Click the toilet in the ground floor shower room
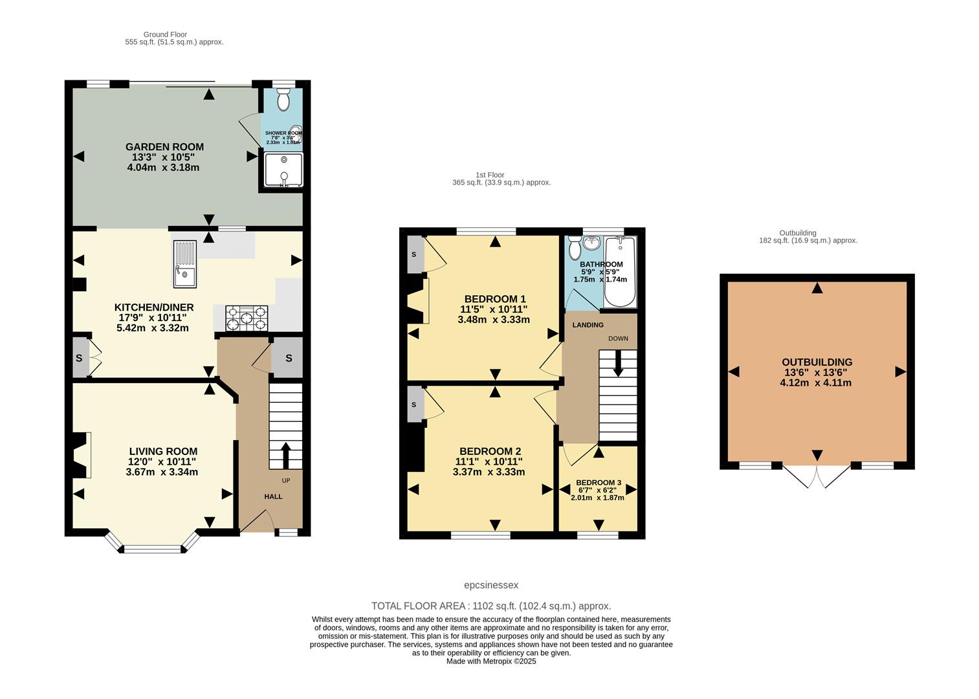[283, 100]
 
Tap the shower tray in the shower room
[283, 170]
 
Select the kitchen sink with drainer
[184, 263]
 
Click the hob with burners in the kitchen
[246, 318]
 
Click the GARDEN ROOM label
[164, 147]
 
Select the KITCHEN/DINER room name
[154, 307]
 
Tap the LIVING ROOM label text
[163, 452]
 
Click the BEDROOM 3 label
[599, 483]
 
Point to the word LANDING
[588, 325]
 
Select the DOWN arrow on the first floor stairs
[618, 363]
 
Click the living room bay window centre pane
[153, 549]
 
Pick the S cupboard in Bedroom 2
[414, 405]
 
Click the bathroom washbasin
[591, 244]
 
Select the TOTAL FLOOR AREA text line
[491, 606]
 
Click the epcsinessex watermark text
[491, 585]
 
